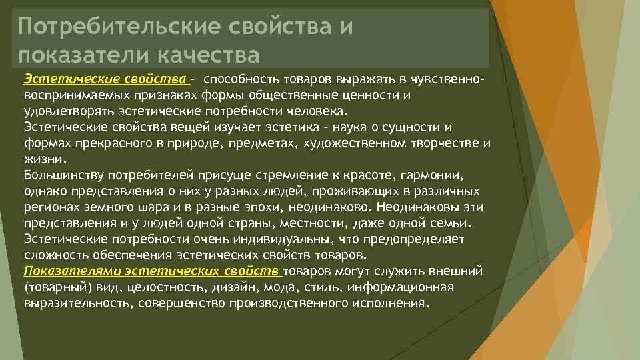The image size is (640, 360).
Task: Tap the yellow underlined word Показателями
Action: (x=61, y=272)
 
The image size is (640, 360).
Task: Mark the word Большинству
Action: (x=62, y=175)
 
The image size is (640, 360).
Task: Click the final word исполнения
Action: (x=391, y=304)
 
